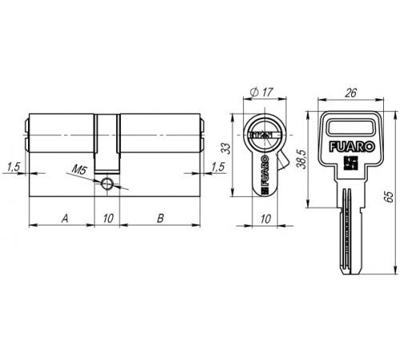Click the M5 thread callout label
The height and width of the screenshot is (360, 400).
79,170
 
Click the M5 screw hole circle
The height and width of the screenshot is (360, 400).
106,183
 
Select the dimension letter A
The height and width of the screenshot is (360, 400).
65,218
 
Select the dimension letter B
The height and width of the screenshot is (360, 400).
160,218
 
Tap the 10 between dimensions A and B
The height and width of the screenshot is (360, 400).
108,218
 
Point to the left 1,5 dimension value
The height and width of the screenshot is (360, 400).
14,167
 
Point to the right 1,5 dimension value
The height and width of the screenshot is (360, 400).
218,167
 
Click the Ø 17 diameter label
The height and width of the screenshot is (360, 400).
262,92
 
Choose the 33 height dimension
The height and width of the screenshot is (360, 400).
226,149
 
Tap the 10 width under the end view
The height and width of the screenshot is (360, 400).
266,219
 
